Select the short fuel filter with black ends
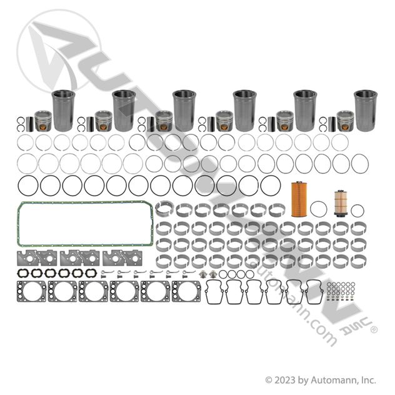[341, 203]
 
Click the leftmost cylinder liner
[63, 111]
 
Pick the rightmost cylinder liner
[366, 111]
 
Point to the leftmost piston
[43, 121]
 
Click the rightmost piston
[346, 121]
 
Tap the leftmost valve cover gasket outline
[207, 292]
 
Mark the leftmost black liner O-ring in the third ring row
[18, 186]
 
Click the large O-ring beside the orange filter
[311, 209]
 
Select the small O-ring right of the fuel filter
[351, 211]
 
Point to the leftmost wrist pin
[30, 124]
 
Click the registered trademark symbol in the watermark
[374, 329]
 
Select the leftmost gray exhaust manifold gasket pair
[36, 257]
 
